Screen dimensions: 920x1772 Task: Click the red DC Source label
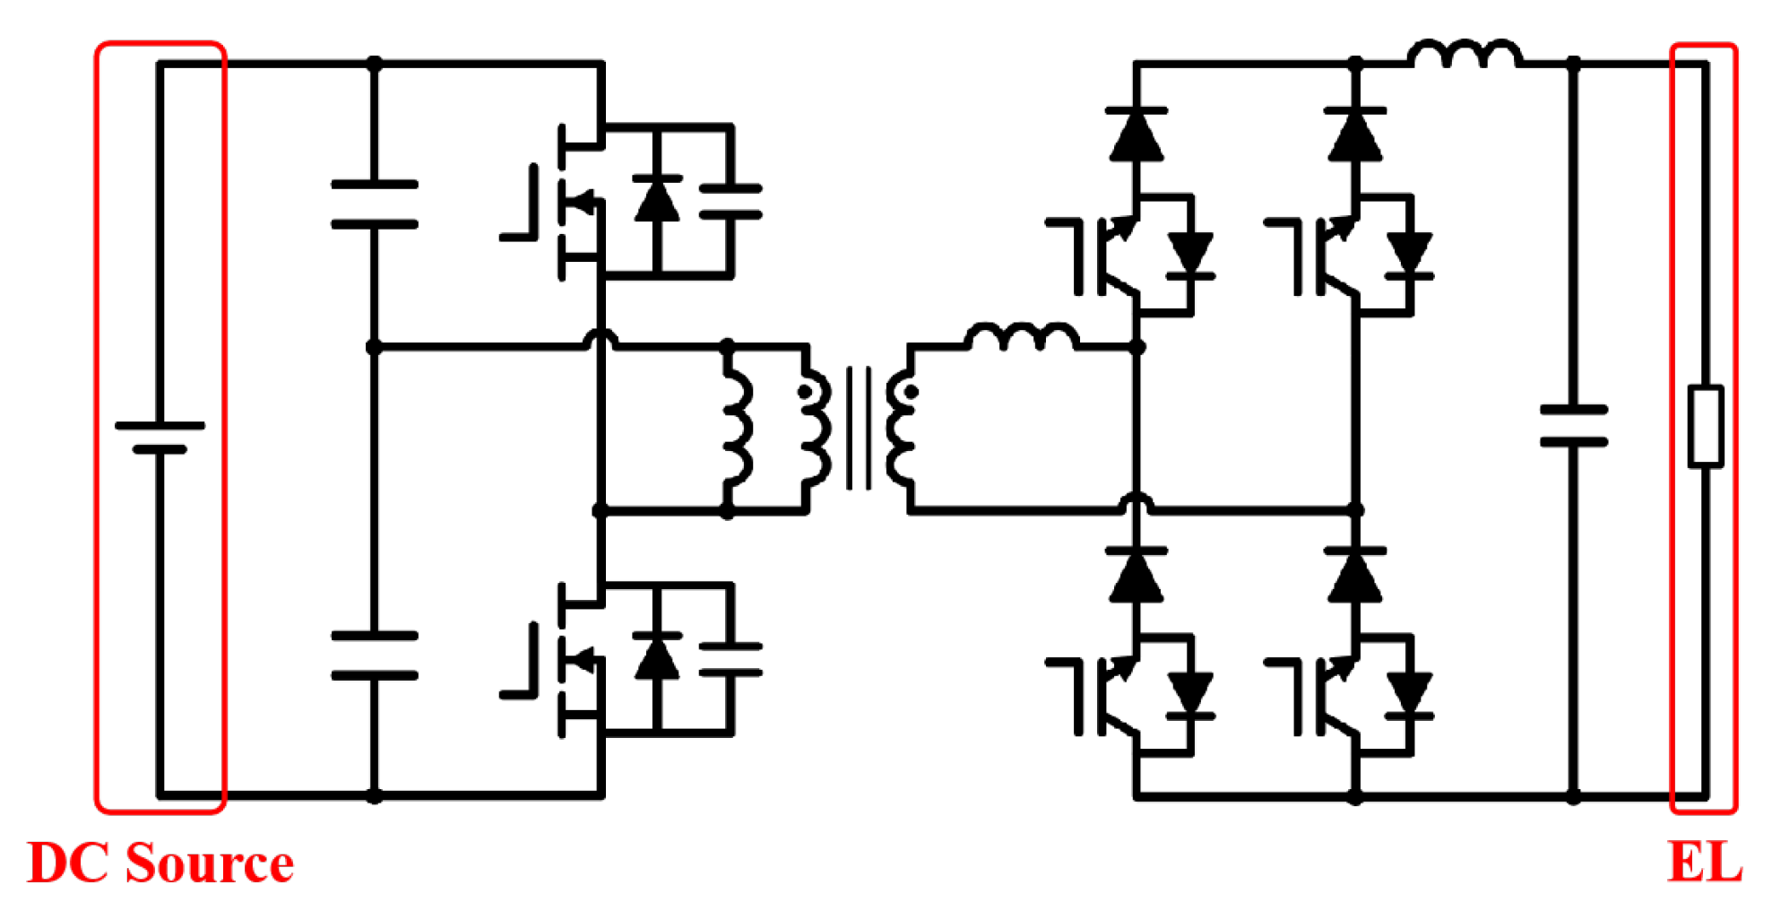pyautogui.click(x=160, y=863)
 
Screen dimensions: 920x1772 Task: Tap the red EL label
pyautogui.click(x=1704, y=863)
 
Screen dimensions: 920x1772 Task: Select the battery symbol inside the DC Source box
pyautogui.click(x=160, y=437)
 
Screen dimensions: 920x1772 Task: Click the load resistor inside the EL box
pyautogui.click(x=1705, y=427)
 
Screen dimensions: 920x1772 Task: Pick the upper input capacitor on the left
pyautogui.click(x=375, y=204)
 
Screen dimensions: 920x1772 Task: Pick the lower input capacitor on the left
pyautogui.click(x=375, y=655)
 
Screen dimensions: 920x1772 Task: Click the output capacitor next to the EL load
pyautogui.click(x=1573, y=426)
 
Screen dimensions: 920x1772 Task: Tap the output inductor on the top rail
pyautogui.click(x=1465, y=54)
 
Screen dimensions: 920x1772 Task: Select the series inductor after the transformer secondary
pyautogui.click(x=1022, y=336)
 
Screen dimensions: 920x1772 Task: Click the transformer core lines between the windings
pyautogui.click(x=858, y=428)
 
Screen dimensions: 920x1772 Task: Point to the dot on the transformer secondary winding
pyautogui.click(x=912, y=392)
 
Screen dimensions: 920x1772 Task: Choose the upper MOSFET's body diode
pyautogui.click(x=657, y=199)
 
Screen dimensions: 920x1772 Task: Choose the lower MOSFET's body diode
pyautogui.click(x=657, y=656)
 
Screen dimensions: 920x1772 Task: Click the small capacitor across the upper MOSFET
pyautogui.click(x=730, y=202)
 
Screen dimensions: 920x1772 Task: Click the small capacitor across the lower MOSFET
pyautogui.click(x=730, y=659)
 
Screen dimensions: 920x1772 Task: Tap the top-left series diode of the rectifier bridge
pyautogui.click(x=1137, y=135)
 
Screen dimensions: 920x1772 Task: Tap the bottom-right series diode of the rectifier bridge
pyautogui.click(x=1355, y=575)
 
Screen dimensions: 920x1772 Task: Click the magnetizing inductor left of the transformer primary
pyautogui.click(x=736, y=429)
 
